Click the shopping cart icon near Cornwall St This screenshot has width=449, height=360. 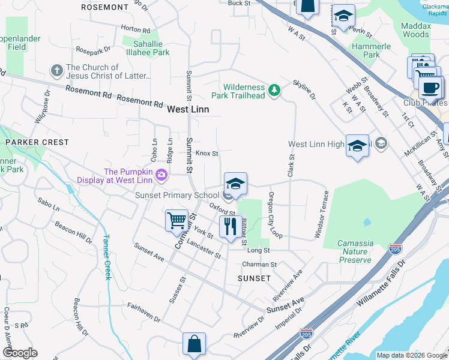177,220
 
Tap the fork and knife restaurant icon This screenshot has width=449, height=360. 230,226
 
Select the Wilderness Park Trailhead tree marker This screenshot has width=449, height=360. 274,90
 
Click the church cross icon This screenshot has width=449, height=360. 57,71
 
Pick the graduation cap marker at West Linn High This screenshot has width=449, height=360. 357,146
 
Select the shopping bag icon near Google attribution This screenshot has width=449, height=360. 194,344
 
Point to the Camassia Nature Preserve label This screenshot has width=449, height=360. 355,252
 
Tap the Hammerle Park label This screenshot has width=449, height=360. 372,50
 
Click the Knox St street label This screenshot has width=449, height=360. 206,154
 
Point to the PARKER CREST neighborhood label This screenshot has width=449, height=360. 37,142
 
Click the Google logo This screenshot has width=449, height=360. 20,353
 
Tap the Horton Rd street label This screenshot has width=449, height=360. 135,29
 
